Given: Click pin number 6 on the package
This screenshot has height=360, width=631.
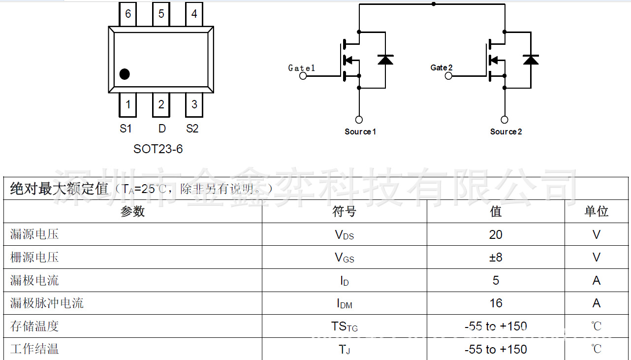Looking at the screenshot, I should (x=128, y=14).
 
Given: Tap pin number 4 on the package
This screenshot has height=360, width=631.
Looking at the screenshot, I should (x=194, y=14).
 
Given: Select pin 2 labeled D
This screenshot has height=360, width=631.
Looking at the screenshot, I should (x=161, y=105).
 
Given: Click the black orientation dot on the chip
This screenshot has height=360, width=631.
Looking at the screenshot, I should (x=125, y=74).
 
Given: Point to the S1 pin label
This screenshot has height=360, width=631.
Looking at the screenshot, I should (x=126, y=129).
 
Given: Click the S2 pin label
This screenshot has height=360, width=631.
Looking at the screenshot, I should (x=192, y=129).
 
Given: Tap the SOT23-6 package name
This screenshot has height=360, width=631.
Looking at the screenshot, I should (x=158, y=149).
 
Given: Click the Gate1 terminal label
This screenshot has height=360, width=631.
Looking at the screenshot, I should (x=301, y=68).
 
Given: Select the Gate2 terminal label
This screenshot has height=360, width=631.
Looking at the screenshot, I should (x=442, y=67).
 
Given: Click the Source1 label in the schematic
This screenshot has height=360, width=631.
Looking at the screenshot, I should (x=360, y=131).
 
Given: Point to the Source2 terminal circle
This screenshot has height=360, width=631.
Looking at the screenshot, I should (x=505, y=120).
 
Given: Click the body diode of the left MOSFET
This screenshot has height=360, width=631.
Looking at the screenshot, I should (x=385, y=60).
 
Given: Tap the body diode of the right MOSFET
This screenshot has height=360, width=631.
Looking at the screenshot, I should (x=531, y=60).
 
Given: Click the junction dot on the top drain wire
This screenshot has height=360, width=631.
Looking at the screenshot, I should (x=433, y=4).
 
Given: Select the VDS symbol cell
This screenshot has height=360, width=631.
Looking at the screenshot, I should (x=344, y=235).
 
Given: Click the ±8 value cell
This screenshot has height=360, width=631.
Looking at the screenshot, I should (x=496, y=258).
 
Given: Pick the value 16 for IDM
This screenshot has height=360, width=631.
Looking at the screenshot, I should (x=496, y=303).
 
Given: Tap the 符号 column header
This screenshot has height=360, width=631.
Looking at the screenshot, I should (x=344, y=212).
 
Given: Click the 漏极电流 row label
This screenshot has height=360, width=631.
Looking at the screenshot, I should (x=34, y=281).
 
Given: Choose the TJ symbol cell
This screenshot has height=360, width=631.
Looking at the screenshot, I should (x=344, y=350).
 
